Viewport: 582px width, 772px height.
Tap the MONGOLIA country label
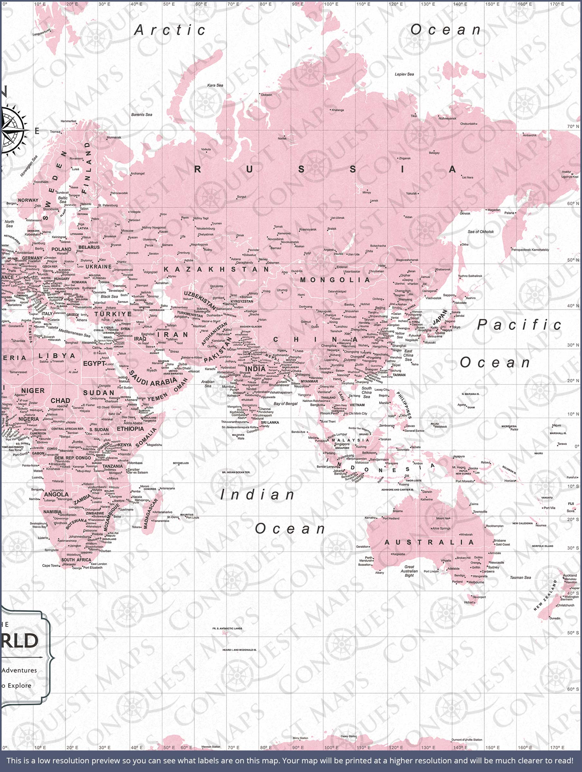click(x=335, y=280)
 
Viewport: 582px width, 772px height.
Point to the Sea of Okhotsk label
click(x=481, y=232)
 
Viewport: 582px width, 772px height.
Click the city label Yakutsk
click(x=411, y=193)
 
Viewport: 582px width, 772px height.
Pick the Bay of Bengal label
click(x=286, y=404)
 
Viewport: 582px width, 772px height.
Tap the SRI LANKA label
click(x=270, y=422)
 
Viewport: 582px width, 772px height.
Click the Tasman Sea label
click(x=520, y=578)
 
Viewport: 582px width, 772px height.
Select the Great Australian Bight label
click(x=409, y=571)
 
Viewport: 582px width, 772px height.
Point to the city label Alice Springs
click(x=441, y=528)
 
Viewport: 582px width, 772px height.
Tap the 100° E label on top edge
click(x=331, y=4)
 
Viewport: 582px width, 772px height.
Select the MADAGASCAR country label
click(x=151, y=513)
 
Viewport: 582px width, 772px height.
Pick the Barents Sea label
click(x=142, y=115)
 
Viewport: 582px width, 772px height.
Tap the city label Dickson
click(x=266, y=95)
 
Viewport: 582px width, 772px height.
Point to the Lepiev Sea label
click(x=404, y=74)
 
